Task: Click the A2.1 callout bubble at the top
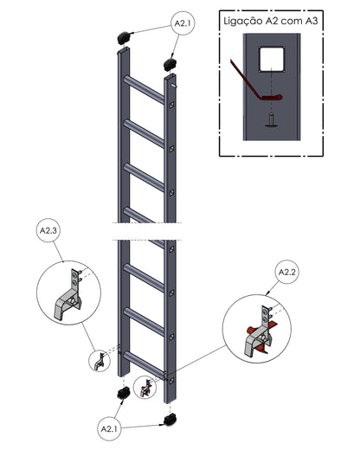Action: tap(183, 23)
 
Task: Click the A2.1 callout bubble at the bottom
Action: tap(109, 429)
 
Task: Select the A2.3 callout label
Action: tap(48, 230)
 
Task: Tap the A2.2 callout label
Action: tap(287, 273)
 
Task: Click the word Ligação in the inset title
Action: tap(243, 22)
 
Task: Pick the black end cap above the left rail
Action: tap(125, 38)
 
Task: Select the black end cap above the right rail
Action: tap(170, 64)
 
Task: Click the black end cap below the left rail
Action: tap(124, 393)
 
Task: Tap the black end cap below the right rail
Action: tap(170, 419)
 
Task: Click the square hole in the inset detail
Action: tap(272, 60)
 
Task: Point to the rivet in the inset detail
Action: tap(271, 120)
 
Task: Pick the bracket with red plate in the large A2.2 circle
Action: tap(260, 331)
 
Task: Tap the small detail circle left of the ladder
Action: tap(100, 361)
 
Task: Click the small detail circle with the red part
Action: tap(145, 388)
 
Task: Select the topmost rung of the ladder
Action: tap(144, 89)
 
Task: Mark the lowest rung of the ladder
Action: tap(144, 365)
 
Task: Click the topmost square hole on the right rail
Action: tap(171, 105)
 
